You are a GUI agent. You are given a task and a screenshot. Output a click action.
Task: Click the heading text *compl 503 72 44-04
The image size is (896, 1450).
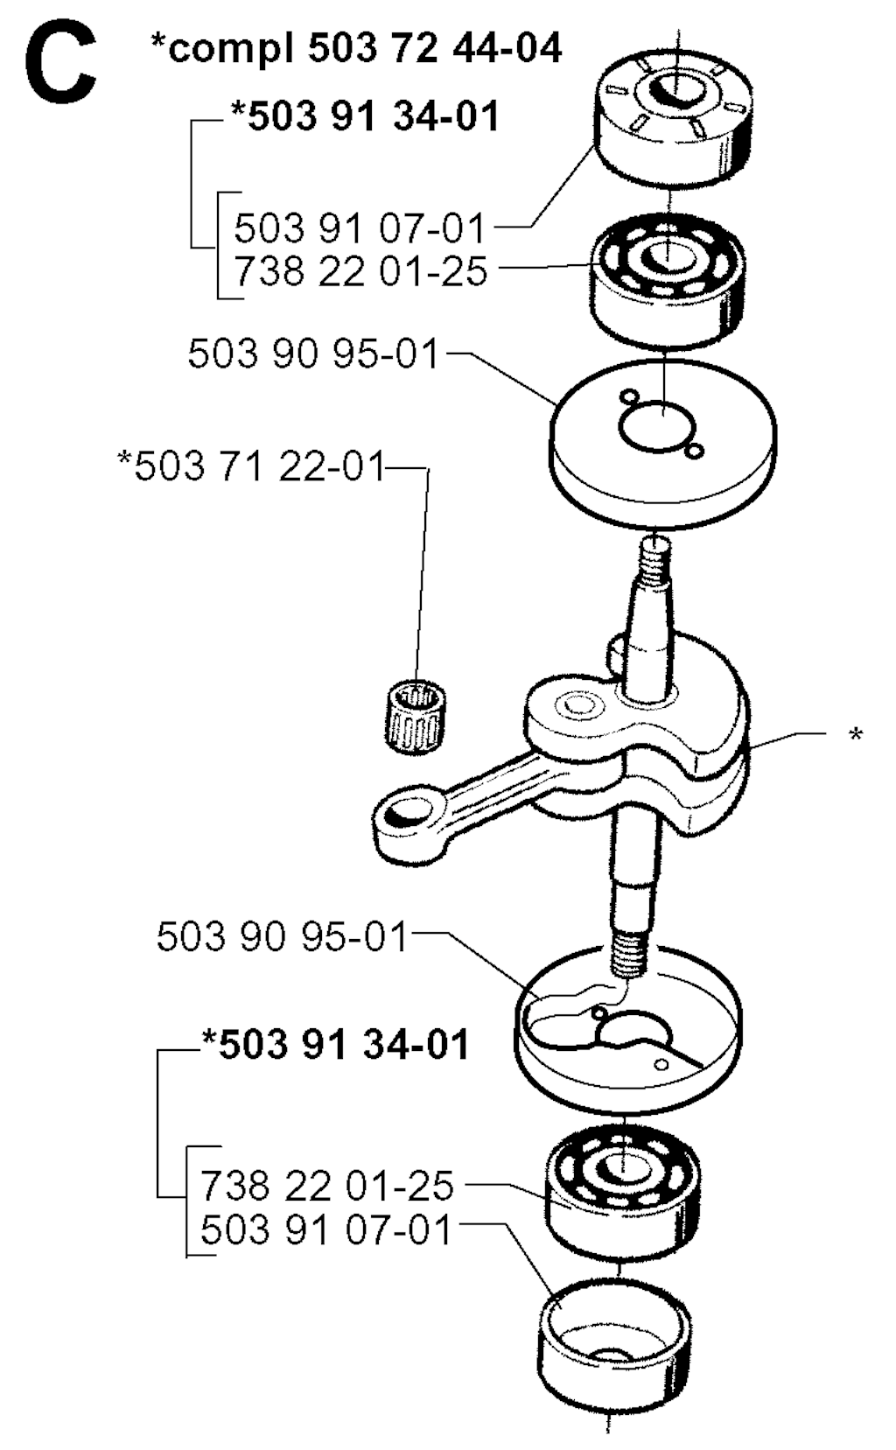pyautogui.click(x=356, y=47)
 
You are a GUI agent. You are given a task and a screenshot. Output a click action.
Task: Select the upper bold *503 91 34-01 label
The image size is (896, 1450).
pyautogui.click(x=365, y=116)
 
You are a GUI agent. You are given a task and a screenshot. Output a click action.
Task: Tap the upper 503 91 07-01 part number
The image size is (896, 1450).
pyautogui.click(x=360, y=228)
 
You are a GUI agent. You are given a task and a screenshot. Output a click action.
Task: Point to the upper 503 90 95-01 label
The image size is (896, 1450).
pyautogui.click(x=313, y=354)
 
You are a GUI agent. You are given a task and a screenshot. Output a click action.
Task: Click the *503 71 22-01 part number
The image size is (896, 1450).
pyautogui.click(x=252, y=466)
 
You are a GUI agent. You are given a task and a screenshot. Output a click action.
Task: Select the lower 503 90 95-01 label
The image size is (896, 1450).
pyautogui.click(x=283, y=936)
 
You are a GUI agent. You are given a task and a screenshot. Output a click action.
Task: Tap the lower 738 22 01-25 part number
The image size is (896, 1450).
pyautogui.click(x=327, y=1185)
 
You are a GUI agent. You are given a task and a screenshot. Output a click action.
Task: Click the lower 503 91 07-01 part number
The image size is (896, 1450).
pyautogui.click(x=326, y=1229)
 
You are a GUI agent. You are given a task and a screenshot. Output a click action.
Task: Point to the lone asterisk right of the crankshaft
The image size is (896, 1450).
pyautogui.click(x=856, y=736)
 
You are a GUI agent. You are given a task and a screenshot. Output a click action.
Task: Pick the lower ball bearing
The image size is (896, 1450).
pyautogui.click(x=623, y=1190)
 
